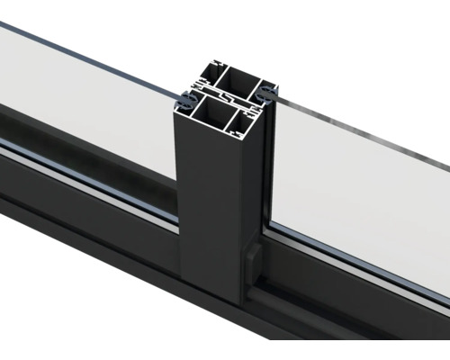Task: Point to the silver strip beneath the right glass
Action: pos(360,261)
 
